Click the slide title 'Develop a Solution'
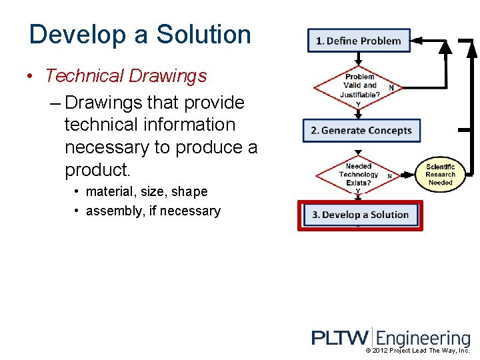pyautogui.click(x=140, y=35)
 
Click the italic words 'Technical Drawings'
pyautogui.click(x=126, y=76)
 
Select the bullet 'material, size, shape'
pyautogui.click(x=147, y=192)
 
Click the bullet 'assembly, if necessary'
pyautogui.click(x=153, y=211)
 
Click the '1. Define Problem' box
pyautogui.click(x=359, y=41)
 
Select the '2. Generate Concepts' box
pyautogui.click(x=361, y=130)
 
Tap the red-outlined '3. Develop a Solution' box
pyautogui.click(x=360, y=215)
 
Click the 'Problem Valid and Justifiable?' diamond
pyautogui.click(x=359, y=85)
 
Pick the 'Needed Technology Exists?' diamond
pyautogui.click(x=358, y=175)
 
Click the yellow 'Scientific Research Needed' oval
pyautogui.click(x=440, y=175)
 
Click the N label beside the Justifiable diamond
pyautogui.click(x=391, y=88)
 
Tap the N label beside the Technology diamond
pyautogui.click(x=389, y=176)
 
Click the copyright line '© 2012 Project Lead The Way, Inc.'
pyautogui.click(x=418, y=351)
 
